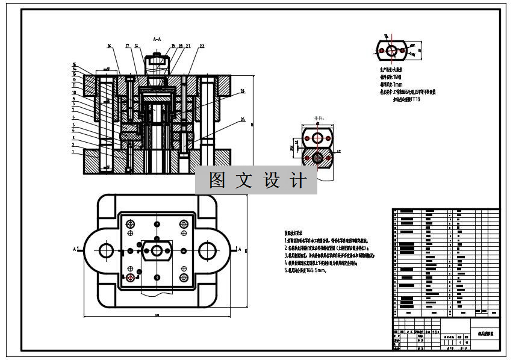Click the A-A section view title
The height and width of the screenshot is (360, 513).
coord(157,39)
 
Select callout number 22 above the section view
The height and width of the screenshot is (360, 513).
coord(202,46)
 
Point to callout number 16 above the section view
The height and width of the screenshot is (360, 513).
coord(110,46)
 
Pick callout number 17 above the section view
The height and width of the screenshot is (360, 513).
coord(128,46)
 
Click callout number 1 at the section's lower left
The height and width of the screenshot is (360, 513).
coord(73,152)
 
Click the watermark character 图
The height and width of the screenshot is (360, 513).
coord(217,180)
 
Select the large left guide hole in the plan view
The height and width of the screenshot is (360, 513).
coord(106,250)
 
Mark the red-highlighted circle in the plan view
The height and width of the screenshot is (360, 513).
coord(131,278)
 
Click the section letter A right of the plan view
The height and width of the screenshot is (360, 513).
coord(240,249)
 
